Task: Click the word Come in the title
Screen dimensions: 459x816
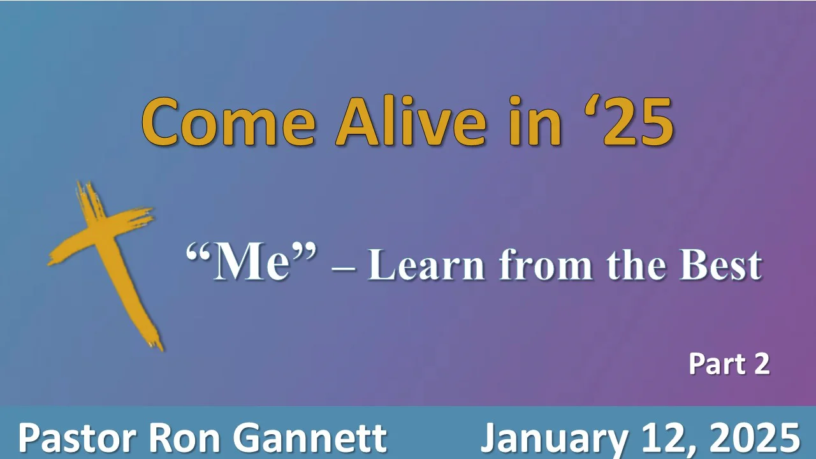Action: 228,122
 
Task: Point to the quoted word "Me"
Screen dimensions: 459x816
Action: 251,263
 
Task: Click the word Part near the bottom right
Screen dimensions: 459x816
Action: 711,365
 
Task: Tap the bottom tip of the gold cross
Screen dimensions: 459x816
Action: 156,344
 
